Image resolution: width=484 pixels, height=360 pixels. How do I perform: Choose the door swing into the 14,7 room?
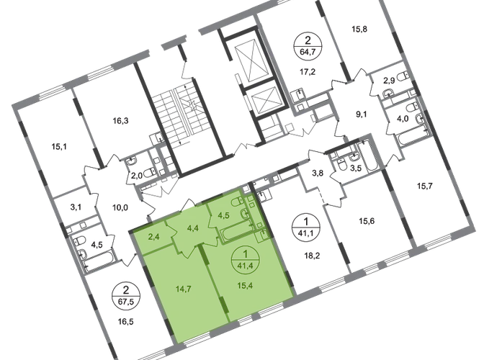coord(187,251)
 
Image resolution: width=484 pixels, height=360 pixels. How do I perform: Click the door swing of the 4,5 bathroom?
coord(210,225)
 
